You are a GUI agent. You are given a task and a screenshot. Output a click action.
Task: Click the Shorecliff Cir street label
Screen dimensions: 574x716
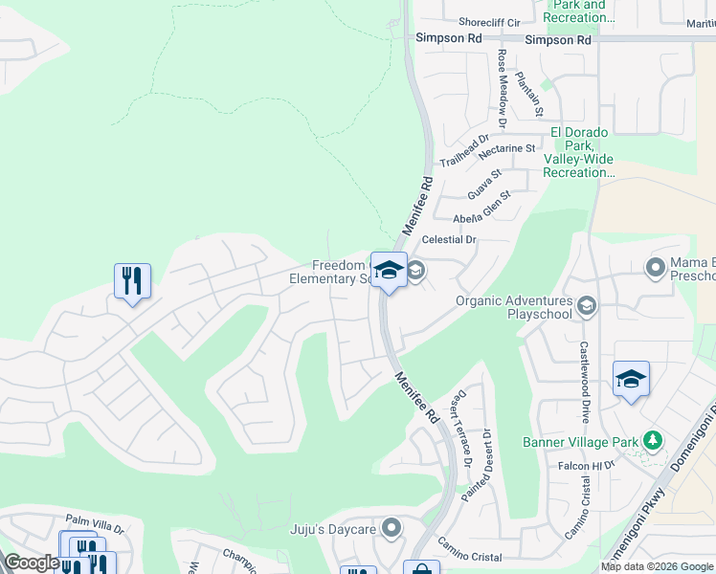click(x=488, y=22)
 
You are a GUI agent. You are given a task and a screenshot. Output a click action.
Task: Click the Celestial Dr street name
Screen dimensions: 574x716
click(x=450, y=239)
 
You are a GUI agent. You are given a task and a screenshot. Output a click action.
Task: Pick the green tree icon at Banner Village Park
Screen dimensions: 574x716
click(x=653, y=440)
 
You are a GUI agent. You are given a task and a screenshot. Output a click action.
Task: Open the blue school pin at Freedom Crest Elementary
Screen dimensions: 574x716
click(x=389, y=271)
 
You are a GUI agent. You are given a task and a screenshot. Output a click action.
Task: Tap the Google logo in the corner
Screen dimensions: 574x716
click(x=32, y=563)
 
